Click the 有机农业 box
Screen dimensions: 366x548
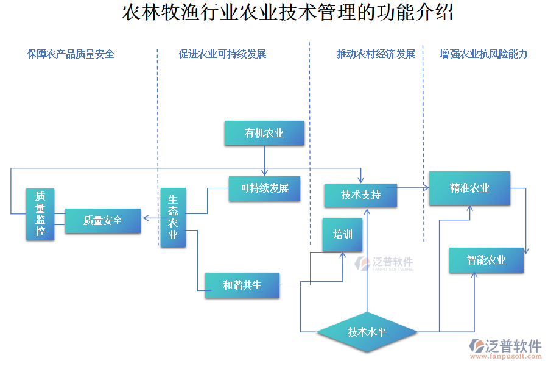point(264,133)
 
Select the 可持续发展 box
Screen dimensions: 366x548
point(264,188)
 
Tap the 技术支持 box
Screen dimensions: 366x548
point(360,195)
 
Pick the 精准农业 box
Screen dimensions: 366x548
point(469,188)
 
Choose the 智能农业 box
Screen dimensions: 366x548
point(486,260)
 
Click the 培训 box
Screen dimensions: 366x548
point(342,234)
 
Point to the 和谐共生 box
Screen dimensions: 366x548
point(242,285)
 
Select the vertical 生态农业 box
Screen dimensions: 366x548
point(173,217)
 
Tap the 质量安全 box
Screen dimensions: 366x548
point(103,221)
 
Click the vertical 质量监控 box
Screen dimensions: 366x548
point(40,213)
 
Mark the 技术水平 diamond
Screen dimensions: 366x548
point(367,332)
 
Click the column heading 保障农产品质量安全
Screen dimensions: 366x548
point(71,54)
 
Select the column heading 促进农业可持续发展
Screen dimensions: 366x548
point(222,54)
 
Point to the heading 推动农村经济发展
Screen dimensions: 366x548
point(376,54)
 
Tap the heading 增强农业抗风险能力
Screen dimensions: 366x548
point(483,54)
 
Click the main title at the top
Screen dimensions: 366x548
point(287,13)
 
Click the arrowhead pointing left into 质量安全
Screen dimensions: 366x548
point(146,217)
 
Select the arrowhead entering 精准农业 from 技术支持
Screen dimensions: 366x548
point(426,188)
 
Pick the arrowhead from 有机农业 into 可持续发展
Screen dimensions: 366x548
point(264,174)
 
